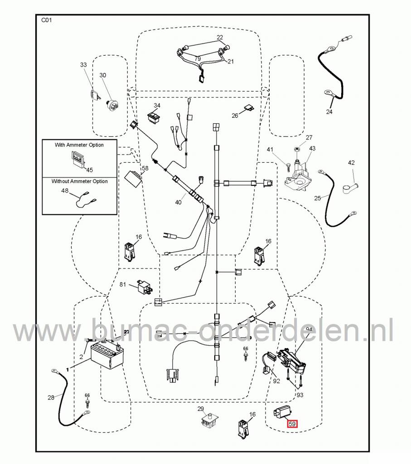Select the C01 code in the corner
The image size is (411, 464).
point(47,20)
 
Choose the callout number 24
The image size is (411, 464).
point(329,111)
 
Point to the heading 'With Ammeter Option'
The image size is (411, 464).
point(79,145)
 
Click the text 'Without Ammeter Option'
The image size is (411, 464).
point(79,181)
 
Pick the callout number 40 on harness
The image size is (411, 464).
point(178,202)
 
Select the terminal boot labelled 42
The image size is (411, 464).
point(352,185)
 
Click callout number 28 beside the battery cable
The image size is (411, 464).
point(51,397)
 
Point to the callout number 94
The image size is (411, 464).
point(309,329)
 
